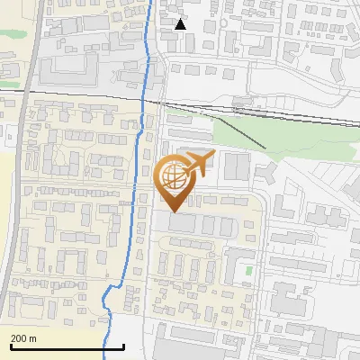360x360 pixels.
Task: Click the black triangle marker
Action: point(181,24)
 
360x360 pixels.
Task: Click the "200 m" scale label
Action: point(23,338)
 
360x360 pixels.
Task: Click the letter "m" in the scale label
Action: point(32,338)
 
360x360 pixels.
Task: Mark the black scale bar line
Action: point(67,346)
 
